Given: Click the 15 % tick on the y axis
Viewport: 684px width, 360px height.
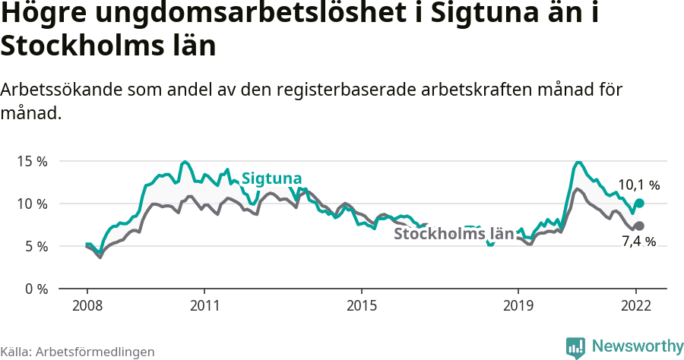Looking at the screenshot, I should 31,162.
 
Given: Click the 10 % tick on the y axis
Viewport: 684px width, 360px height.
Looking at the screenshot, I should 31,204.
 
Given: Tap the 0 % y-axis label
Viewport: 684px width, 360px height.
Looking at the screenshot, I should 34,289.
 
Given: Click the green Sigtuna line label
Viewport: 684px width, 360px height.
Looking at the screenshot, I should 271,178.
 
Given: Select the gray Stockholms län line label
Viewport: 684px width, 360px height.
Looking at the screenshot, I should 454,234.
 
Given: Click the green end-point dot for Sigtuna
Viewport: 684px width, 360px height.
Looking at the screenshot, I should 639,203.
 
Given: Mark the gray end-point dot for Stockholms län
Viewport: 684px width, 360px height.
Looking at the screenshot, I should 639,226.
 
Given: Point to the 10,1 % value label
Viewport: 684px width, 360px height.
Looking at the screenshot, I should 638,185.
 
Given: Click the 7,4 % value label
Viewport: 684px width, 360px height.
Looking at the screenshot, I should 638,242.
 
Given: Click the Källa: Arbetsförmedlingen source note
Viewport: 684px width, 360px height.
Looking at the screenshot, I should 78,352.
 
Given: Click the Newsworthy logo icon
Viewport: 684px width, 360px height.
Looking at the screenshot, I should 575,347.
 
